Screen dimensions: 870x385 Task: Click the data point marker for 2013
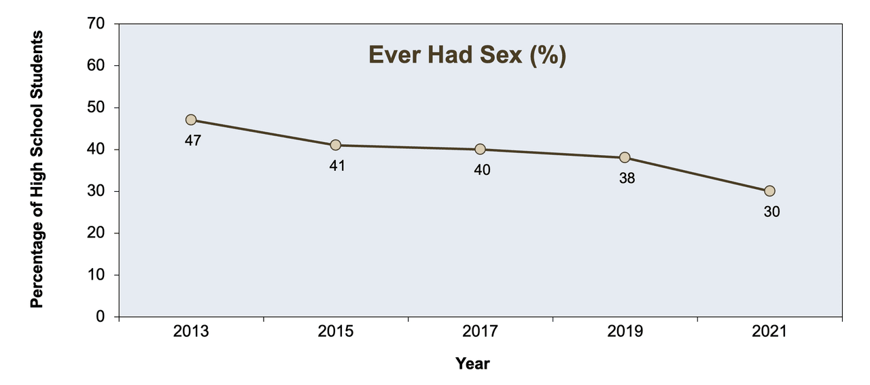(191, 120)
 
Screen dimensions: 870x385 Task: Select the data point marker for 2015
(336, 145)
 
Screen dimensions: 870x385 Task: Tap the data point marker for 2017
(480, 149)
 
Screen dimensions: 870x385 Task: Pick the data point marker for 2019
(625, 158)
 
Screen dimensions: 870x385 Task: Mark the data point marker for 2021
(769, 191)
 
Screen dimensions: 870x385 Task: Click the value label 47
(192, 140)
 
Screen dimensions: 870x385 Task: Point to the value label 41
(337, 166)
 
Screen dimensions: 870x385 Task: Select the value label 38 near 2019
(627, 178)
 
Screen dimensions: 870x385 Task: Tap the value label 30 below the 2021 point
(771, 212)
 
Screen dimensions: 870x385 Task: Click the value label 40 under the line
(482, 169)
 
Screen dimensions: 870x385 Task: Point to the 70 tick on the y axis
(96, 24)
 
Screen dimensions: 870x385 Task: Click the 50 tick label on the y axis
(96, 107)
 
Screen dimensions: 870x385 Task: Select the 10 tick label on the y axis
(96, 275)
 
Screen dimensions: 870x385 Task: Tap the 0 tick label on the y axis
(100, 316)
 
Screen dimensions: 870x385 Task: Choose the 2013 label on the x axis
(191, 331)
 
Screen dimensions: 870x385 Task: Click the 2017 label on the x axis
(480, 331)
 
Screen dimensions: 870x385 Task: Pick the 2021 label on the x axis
(769, 331)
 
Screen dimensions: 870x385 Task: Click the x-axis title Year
(472, 364)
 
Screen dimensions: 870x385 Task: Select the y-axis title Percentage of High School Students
(37, 169)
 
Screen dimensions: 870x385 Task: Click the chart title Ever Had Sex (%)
(467, 55)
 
